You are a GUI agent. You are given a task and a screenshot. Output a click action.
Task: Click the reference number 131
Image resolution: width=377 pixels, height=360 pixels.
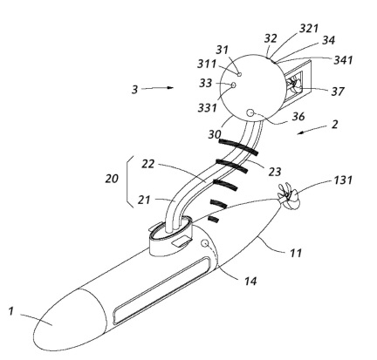pyautogui.click(x=343, y=180)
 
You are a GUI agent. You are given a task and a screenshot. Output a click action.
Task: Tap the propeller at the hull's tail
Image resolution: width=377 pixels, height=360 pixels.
pyautogui.click(x=288, y=196)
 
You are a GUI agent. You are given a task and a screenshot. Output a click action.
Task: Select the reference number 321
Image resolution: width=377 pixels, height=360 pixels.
pyautogui.click(x=309, y=29)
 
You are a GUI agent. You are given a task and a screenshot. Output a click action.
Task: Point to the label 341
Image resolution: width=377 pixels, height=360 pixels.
pyautogui.click(x=343, y=60)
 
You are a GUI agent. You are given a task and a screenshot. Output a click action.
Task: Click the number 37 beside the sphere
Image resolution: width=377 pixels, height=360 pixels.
pyautogui.click(x=338, y=92)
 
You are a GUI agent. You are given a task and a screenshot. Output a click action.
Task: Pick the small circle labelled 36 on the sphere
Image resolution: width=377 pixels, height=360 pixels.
pyautogui.click(x=250, y=112)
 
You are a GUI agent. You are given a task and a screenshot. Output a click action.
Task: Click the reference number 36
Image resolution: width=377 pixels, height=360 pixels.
pyautogui.click(x=298, y=117)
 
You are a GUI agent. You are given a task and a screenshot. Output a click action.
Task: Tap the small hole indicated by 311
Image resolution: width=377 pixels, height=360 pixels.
pyautogui.click(x=239, y=74)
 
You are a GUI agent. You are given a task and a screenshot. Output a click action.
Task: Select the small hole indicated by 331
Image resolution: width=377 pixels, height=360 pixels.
pyautogui.click(x=233, y=85)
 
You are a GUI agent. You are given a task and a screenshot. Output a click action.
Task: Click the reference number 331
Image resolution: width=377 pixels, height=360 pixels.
pyautogui.click(x=208, y=108)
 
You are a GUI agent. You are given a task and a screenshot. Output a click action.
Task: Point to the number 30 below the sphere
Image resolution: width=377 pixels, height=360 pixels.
pyautogui.click(x=215, y=134)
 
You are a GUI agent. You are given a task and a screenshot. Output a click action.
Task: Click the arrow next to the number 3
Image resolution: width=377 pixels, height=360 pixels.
pyautogui.click(x=157, y=88)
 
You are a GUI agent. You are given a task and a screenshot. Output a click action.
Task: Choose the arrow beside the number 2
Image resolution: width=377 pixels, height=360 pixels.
pyautogui.click(x=312, y=130)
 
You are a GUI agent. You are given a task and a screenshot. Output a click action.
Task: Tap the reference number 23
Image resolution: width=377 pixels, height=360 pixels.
pyautogui.click(x=275, y=172)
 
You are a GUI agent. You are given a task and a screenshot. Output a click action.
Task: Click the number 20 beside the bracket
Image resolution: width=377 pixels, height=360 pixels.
pyautogui.click(x=112, y=179)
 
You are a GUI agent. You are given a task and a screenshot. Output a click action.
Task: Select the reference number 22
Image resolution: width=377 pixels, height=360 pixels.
pyautogui.click(x=147, y=164)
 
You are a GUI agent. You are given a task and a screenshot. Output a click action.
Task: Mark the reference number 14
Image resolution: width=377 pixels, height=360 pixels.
pyautogui.click(x=250, y=281)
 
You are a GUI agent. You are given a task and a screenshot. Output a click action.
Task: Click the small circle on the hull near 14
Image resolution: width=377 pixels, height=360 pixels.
pyautogui.click(x=205, y=243)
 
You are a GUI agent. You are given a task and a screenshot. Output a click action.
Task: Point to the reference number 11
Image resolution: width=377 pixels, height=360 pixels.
pyautogui.click(x=296, y=253)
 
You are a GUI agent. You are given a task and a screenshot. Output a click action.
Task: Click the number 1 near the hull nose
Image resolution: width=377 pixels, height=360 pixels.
pyautogui.click(x=11, y=311)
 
